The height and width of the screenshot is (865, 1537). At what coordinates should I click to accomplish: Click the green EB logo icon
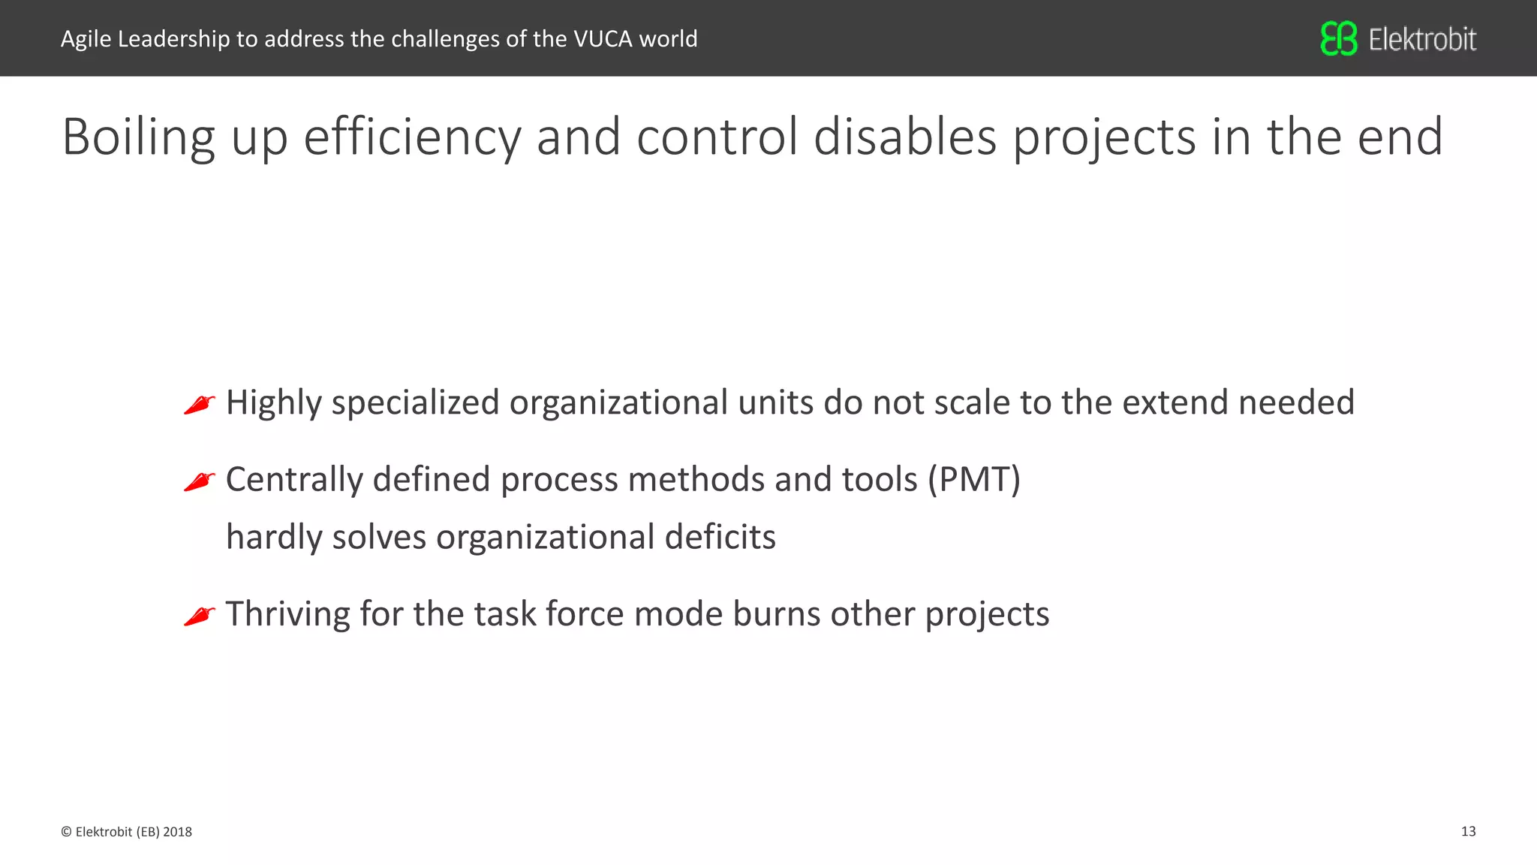pos(1339,38)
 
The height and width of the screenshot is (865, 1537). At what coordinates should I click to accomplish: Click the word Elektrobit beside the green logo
pos(1422,39)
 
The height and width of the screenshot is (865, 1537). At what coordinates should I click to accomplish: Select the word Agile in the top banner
pos(86,39)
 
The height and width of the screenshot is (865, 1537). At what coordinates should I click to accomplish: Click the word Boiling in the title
pos(138,137)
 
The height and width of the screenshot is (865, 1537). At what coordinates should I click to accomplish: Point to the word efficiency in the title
pos(411,137)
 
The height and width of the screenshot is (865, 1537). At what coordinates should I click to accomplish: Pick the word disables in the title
pos(904,137)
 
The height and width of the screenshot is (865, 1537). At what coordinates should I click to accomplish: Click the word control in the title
pos(717,137)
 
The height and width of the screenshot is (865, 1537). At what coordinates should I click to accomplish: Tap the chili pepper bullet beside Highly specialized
pos(200,405)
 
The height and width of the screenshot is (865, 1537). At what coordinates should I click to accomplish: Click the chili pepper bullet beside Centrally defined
pos(200,481)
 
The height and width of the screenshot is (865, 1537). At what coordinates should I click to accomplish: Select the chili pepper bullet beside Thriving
pos(200,616)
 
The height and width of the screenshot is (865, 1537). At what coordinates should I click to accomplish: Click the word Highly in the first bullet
pos(273,403)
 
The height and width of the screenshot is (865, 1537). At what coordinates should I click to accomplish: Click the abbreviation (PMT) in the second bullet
pos(973,479)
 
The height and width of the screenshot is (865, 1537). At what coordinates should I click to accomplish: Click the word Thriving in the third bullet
pos(287,614)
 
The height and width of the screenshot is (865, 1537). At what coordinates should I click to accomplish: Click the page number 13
pos(1468,831)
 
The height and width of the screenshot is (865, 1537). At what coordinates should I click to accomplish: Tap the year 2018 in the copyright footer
pos(177,832)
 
